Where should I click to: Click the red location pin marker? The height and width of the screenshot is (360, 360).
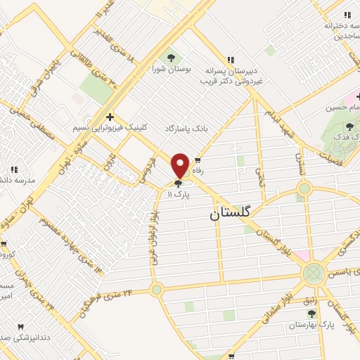coord(181,165)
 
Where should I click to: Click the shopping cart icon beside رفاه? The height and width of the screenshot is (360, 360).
coord(206,160)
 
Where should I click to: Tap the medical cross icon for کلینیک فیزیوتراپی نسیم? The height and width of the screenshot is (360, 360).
coord(109,117)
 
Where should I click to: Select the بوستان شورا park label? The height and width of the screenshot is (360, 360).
coord(169,70)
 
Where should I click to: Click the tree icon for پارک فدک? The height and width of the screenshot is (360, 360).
coord(349,126)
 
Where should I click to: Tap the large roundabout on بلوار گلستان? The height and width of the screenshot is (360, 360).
coord(314,273)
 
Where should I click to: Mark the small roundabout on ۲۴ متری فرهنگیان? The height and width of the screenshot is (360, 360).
coord(156,289)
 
